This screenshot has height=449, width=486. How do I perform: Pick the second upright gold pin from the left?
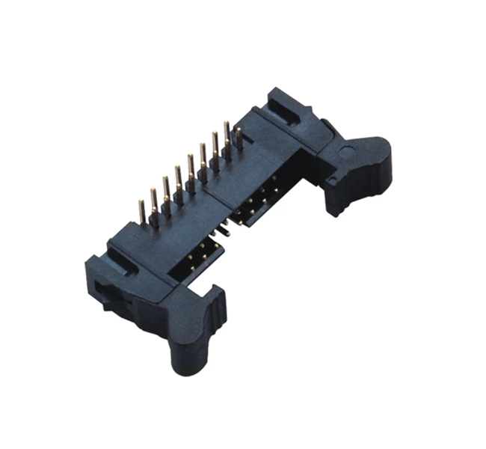coord(153,201)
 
